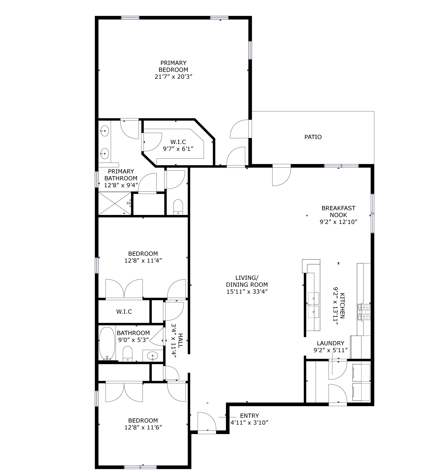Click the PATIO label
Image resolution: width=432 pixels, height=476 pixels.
313,137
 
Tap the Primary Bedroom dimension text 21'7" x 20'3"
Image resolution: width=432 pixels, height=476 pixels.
173,77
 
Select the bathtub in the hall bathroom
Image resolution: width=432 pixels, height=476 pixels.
107,343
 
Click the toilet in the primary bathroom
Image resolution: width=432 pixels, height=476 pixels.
178,207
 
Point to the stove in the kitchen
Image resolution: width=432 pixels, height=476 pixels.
364,312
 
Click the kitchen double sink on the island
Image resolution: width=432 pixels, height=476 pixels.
314,305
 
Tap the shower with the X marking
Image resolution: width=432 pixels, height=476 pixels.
115,203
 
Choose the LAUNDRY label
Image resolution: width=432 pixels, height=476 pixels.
331,343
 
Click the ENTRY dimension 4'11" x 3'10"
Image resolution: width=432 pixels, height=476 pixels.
249,422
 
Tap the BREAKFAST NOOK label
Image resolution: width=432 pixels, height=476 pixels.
338,212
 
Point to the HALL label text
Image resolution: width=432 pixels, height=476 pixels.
180,340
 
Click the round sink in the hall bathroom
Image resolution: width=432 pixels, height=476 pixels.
152,356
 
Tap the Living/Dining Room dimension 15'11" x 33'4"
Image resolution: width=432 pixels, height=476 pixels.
247,291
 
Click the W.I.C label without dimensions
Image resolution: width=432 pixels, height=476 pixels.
124,312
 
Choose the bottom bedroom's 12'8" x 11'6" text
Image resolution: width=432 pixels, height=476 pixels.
143,428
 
